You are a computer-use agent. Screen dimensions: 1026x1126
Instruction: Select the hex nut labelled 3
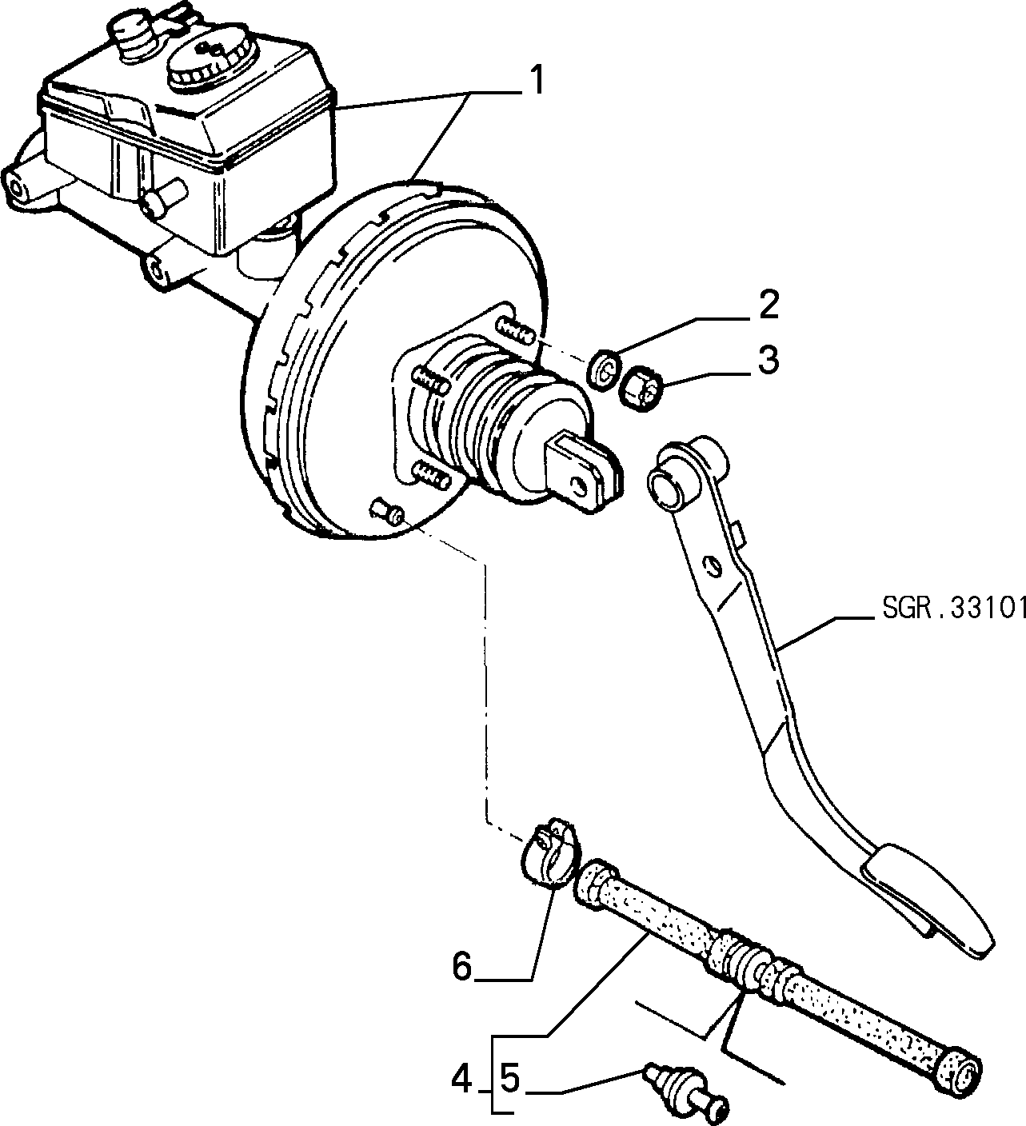641,389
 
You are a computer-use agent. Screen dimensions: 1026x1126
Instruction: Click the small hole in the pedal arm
713,564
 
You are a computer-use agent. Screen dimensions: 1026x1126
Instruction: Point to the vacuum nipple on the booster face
387,511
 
